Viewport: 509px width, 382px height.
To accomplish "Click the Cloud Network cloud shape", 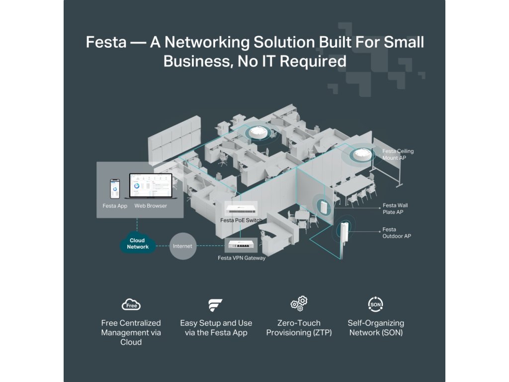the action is pyautogui.click(x=138, y=242).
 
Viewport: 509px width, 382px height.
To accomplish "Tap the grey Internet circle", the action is pyautogui.click(x=183, y=246).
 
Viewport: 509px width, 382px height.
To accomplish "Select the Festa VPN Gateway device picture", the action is pyautogui.click(x=241, y=245).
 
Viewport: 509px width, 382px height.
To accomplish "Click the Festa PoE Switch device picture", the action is pyautogui.click(x=241, y=209).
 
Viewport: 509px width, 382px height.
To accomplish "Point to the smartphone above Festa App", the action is pyautogui.click(x=115, y=189).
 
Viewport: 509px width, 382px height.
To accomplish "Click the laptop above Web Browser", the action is pyautogui.click(x=151, y=186).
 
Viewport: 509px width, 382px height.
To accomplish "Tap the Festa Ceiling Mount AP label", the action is pyautogui.click(x=398, y=154).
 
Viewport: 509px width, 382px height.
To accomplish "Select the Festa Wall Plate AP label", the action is pyautogui.click(x=395, y=208).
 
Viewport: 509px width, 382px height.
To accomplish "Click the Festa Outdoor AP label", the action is pyautogui.click(x=396, y=233).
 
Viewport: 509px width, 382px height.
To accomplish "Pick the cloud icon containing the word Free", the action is pyautogui.click(x=131, y=304).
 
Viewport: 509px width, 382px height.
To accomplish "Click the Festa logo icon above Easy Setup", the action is pyautogui.click(x=215, y=305).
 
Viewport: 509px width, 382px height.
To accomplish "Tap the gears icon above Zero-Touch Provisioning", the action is pyautogui.click(x=299, y=303).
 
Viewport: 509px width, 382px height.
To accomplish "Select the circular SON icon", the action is pyautogui.click(x=376, y=304).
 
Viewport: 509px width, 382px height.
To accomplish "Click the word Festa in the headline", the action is pyautogui.click(x=106, y=42).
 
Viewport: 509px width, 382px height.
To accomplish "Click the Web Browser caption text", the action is pyautogui.click(x=151, y=205).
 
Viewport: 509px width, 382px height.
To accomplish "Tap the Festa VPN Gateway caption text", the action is pyautogui.click(x=242, y=258).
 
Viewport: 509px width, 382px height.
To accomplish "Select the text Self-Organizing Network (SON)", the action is pyautogui.click(x=376, y=328).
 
